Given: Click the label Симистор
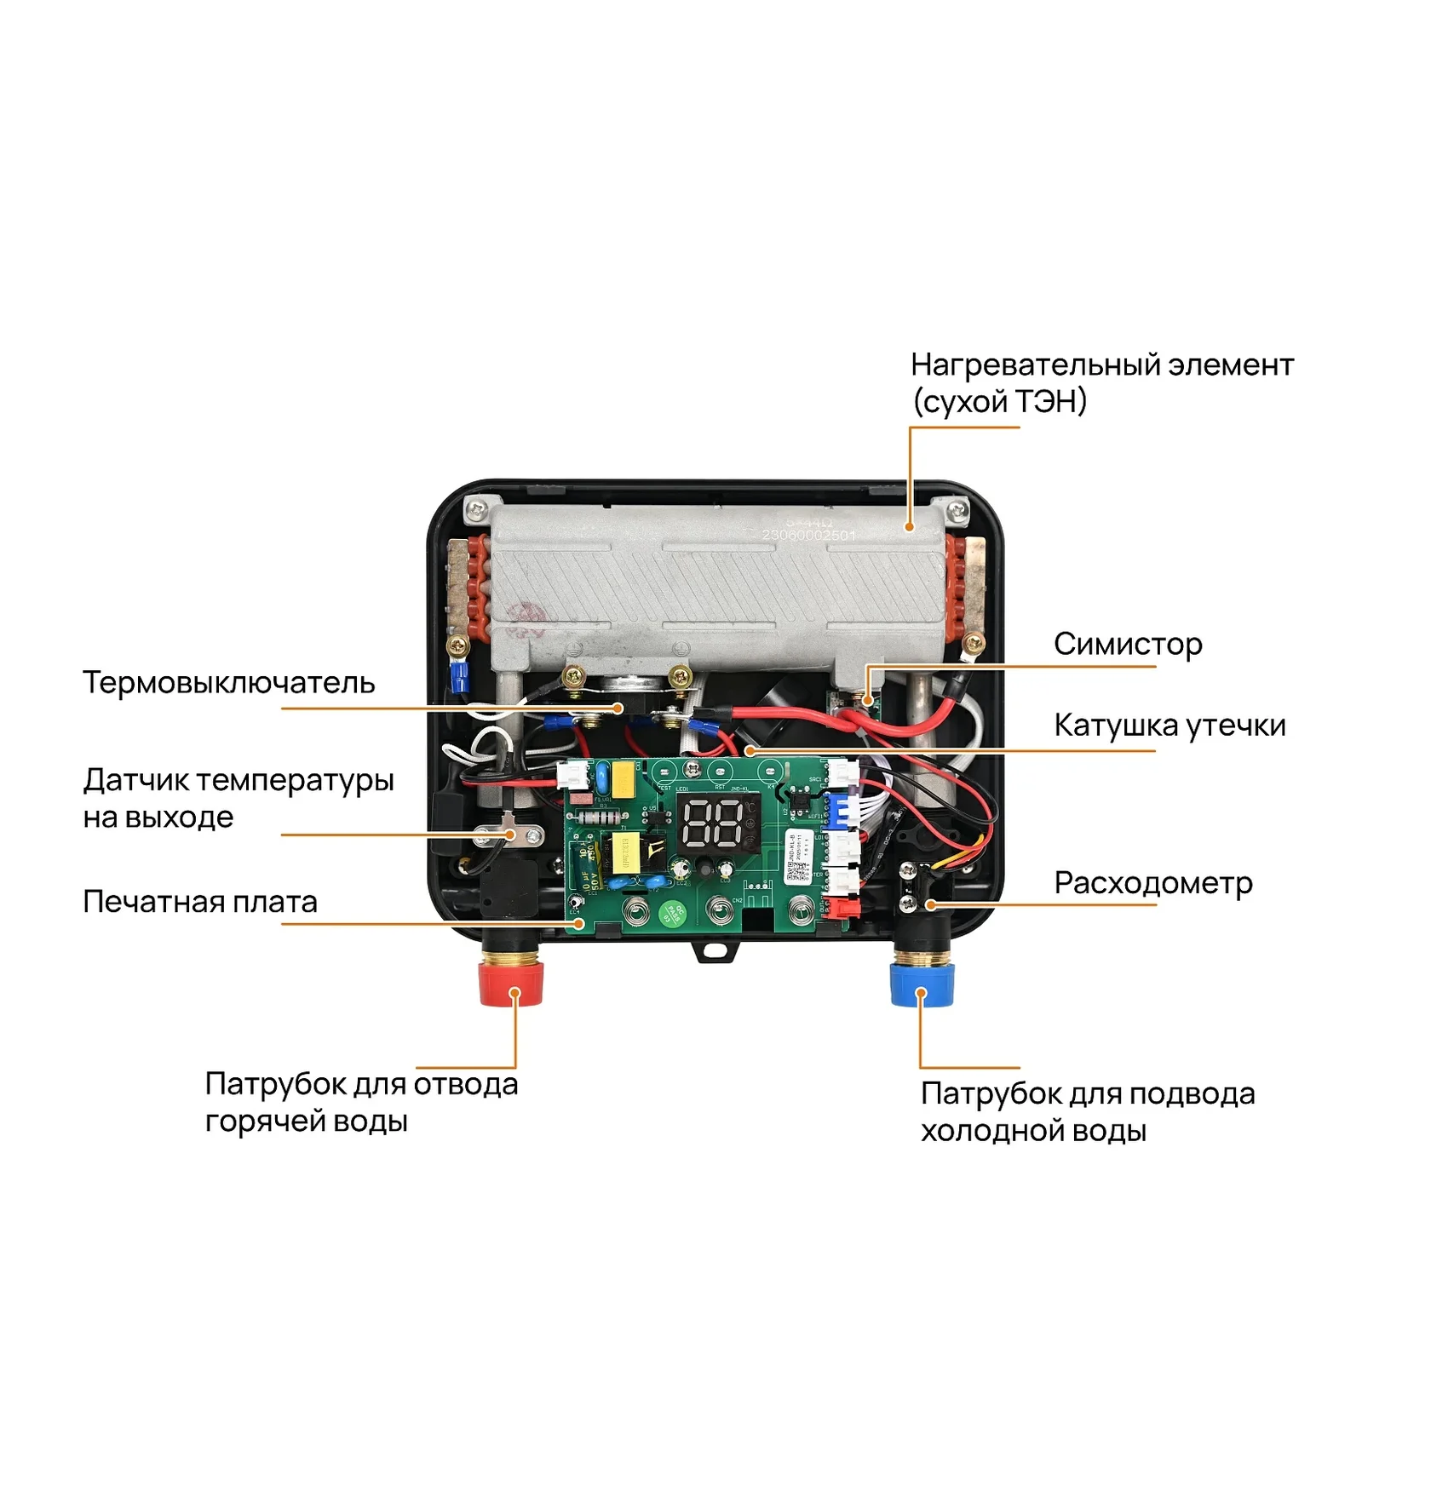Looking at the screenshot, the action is pyautogui.click(x=1127, y=645).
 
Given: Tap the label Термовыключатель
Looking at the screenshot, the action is pyautogui.click(x=228, y=683).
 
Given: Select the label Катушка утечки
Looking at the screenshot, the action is pyautogui.click(x=1169, y=726).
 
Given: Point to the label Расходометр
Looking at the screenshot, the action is pyautogui.click(x=1152, y=883).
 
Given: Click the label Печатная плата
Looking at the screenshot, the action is pyautogui.click(x=199, y=902).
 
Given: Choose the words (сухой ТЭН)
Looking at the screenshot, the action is pyautogui.click(x=999, y=402).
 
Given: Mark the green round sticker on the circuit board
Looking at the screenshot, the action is pyautogui.click(x=673, y=913).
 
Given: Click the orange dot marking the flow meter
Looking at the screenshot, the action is pyautogui.click(x=930, y=904).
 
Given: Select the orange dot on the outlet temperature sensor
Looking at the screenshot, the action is pyautogui.click(x=511, y=835).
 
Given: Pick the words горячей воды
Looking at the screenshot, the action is pyautogui.click(x=306, y=1122).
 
